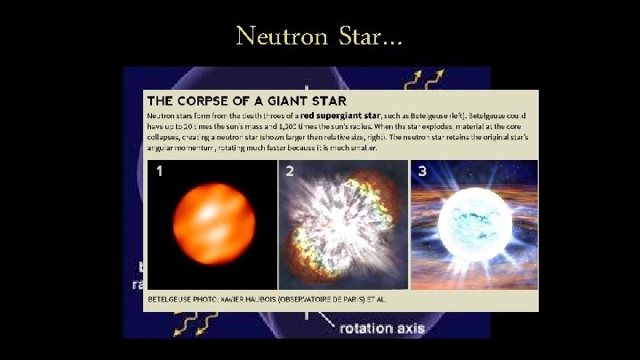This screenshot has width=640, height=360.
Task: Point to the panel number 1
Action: click(x=159, y=171)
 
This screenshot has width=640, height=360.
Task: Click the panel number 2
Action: click(x=290, y=171)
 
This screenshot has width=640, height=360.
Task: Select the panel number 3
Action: click(x=422, y=171)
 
